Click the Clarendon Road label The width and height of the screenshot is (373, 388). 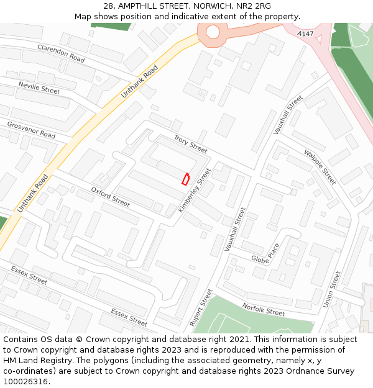point(61,53)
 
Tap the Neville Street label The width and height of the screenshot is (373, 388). point(39,87)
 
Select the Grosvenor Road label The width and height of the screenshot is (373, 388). point(31,130)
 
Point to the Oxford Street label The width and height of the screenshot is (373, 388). point(110,197)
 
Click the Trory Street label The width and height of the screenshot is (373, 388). point(190,144)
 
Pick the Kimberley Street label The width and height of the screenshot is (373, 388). point(195,190)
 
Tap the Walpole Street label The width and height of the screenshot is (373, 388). point(320,166)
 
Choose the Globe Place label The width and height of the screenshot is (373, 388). point(265,253)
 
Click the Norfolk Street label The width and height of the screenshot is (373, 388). point(264,309)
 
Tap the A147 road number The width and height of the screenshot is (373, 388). point(305,33)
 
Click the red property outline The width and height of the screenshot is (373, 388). point(185,179)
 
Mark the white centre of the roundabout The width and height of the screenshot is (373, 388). point(213,32)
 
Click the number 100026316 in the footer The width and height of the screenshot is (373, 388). point(25,382)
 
